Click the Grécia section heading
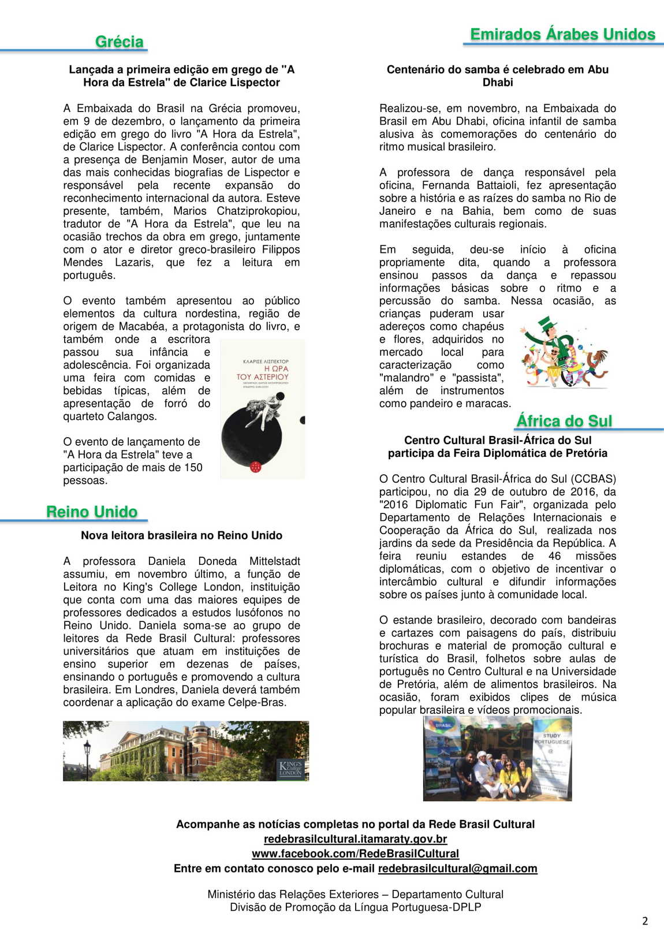click(119, 42)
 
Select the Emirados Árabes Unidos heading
click(562, 35)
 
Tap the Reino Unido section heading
click(92, 512)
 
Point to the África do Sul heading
click(564, 421)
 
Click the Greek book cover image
click(263, 409)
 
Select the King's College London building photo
click(186, 751)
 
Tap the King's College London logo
click(290, 768)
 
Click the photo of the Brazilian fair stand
click(497, 758)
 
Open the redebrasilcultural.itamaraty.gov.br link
click(355, 839)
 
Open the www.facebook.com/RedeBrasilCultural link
click(355, 854)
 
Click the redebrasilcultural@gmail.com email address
click(457, 869)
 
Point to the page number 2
click(645, 921)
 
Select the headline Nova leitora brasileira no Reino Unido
click(181, 535)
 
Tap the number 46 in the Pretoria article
click(554, 556)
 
